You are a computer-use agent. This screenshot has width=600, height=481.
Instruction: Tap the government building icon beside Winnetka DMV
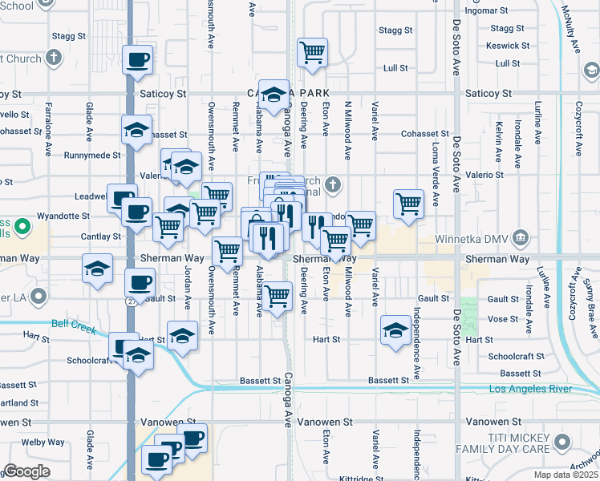point(521,237)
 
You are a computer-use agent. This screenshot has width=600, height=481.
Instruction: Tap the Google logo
point(26,471)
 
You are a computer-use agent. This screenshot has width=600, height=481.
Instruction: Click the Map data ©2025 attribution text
point(566,475)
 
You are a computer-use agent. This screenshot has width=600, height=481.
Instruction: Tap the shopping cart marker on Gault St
point(278,295)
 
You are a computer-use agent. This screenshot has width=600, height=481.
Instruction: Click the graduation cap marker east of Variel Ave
point(396,329)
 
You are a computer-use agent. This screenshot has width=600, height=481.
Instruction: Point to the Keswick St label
point(508,46)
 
